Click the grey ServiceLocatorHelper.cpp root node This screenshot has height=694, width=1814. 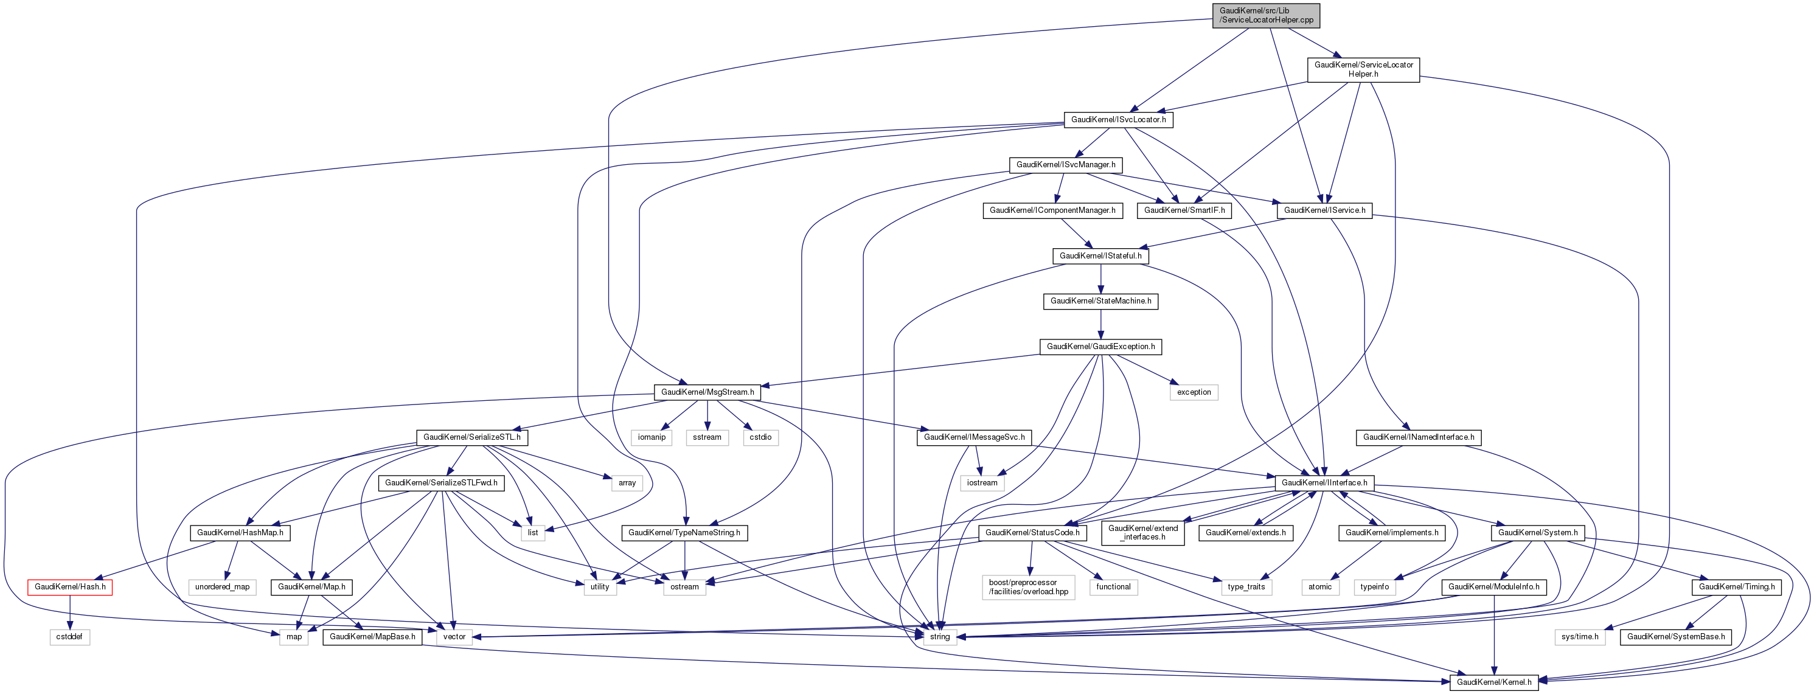pyautogui.click(x=1265, y=15)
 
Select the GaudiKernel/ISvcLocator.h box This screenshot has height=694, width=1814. pyautogui.click(x=1118, y=120)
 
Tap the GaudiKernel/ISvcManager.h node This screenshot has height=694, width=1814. pyautogui.click(x=1065, y=165)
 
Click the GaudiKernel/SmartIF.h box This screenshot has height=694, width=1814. pyautogui.click(x=1184, y=210)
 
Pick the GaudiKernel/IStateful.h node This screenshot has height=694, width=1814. pyautogui.click(x=1100, y=256)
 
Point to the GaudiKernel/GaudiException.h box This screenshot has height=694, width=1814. pyautogui.click(x=1100, y=347)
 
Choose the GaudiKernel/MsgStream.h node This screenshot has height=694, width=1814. pyautogui.click(x=707, y=392)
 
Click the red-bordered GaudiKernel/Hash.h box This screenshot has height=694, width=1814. pyautogui.click(x=70, y=587)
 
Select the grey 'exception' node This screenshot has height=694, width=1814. pyautogui.click(x=1194, y=393)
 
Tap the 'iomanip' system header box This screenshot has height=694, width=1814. pyautogui.click(x=652, y=438)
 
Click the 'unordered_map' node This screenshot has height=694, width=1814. pyautogui.click(x=222, y=587)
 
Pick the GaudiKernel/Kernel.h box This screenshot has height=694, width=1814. pyautogui.click(x=1493, y=682)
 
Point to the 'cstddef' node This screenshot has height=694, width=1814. pyautogui.click(x=70, y=637)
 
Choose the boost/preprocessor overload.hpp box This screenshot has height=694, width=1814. pyautogui.click(x=1028, y=587)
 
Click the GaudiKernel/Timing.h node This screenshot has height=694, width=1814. pyautogui.click(x=1736, y=587)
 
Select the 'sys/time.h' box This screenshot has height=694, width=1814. pyautogui.click(x=1580, y=637)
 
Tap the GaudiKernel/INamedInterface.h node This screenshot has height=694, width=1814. pyautogui.click(x=1418, y=438)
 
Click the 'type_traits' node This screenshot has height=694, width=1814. pyautogui.click(x=1246, y=587)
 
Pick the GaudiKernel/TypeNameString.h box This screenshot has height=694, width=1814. pyautogui.click(x=684, y=533)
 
